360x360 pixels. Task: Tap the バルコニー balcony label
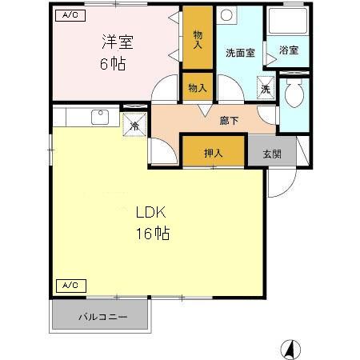coord(102,317)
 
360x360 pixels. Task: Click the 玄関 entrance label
coord(262,153)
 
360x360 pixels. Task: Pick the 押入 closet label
coord(212,153)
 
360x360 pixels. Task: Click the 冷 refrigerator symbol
coord(135,126)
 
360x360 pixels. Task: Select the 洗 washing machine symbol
coord(265,89)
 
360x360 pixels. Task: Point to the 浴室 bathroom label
coord(290,50)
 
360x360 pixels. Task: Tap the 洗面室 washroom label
coord(240,54)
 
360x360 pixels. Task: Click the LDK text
coord(150,213)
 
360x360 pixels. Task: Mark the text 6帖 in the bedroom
coord(113,63)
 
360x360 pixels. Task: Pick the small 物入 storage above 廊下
coord(197,87)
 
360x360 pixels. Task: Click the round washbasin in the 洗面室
coord(226,16)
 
